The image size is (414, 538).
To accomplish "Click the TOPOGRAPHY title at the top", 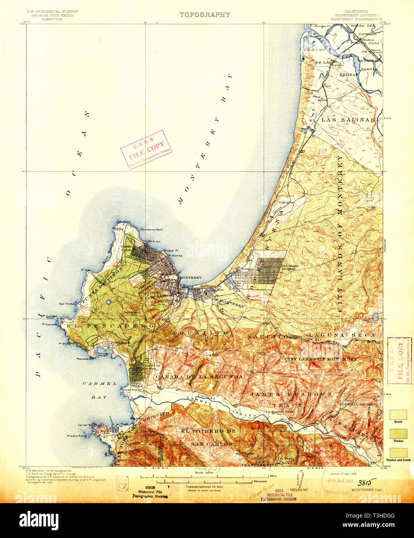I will click(204, 15).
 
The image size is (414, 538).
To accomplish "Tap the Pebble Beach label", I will click(119, 343).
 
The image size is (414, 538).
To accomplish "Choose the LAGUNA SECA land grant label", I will click(341, 334).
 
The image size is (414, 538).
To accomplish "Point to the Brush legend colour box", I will click(398, 415).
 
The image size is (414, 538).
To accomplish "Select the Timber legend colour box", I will click(398, 433).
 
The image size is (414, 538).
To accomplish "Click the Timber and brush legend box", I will click(398, 452).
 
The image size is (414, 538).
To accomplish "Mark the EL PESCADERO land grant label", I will click(111, 326).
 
